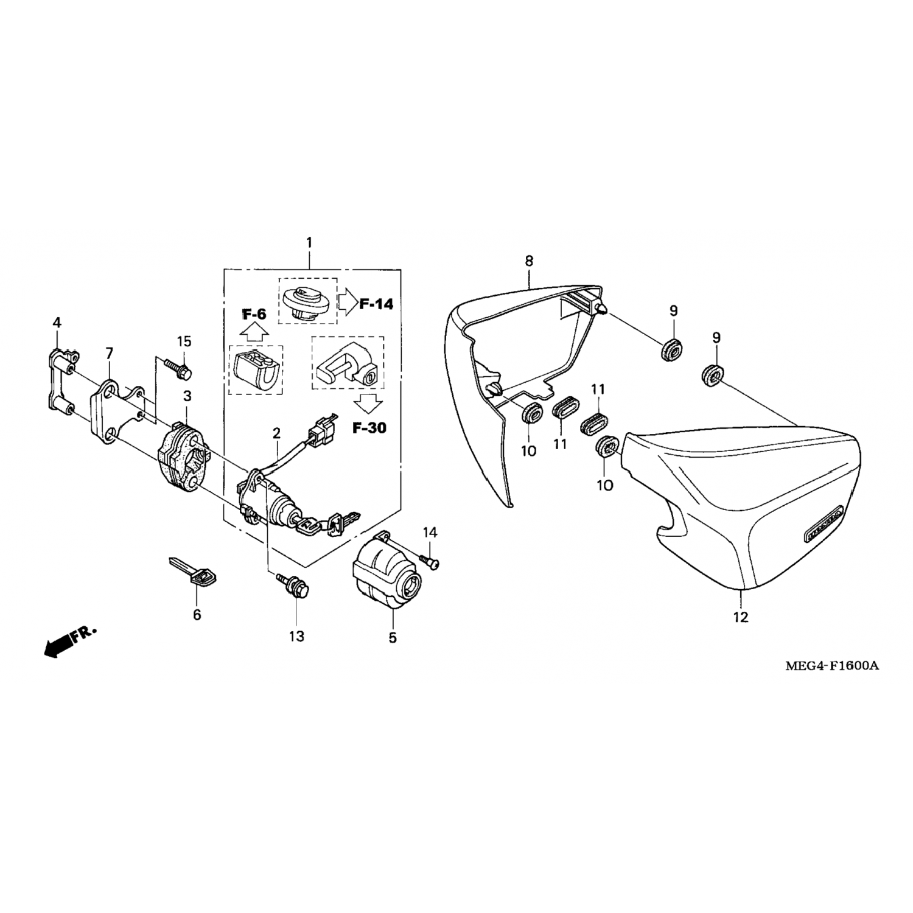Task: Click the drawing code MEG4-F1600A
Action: [831, 665]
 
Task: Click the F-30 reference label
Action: [369, 427]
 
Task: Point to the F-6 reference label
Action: [254, 315]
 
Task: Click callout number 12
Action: [740, 617]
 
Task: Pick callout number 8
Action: [529, 261]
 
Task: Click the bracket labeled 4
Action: [61, 379]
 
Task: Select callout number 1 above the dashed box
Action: [309, 243]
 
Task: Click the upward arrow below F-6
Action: [254, 332]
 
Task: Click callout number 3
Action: [187, 396]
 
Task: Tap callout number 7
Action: [109, 353]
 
